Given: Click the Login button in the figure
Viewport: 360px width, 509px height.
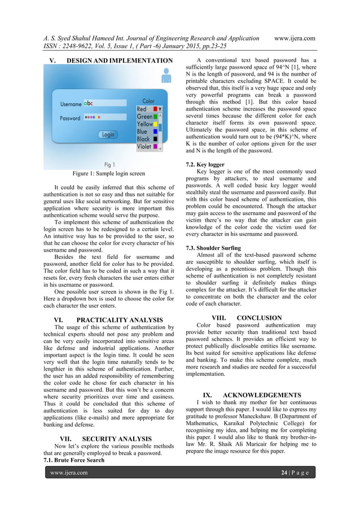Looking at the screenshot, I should pyautogui.click(x=108, y=134).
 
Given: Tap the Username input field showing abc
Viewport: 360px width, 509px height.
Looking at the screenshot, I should pyautogui.click(x=104, y=104).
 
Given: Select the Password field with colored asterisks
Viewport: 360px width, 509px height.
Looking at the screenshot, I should pyautogui.click(x=104, y=118).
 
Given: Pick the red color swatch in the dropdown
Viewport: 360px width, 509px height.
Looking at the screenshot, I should pyautogui.click(x=155, y=109).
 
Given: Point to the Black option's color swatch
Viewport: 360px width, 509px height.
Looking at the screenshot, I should pyautogui.click(x=155, y=139).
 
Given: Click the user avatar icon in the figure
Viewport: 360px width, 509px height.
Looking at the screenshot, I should pyautogui.click(x=166, y=75).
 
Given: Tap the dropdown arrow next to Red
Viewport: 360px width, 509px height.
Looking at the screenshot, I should pyautogui.click(x=160, y=109).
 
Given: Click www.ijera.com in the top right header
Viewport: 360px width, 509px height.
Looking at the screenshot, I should pyautogui.click(x=293, y=38).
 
